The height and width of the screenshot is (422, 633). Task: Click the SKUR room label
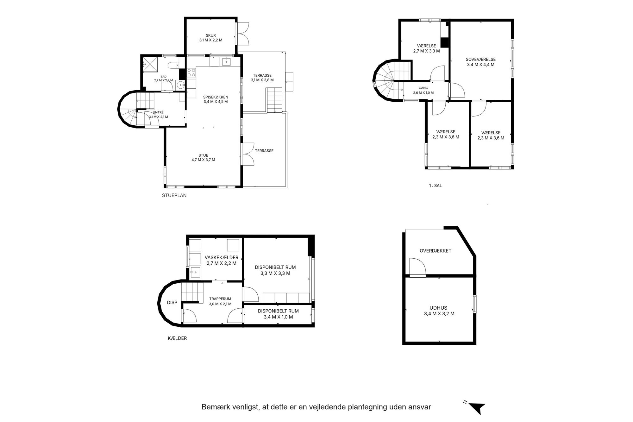point(211,35)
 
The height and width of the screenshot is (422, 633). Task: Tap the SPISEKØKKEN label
point(216,97)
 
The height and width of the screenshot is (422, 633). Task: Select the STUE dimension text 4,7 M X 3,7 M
point(203,160)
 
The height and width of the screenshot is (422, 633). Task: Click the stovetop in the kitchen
point(191,73)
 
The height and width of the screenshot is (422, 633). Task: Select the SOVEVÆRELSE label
point(480,59)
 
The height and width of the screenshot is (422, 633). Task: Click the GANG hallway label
point(423,88)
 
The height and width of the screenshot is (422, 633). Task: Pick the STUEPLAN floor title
point(174,195)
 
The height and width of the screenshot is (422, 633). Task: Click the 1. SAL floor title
point(435,186)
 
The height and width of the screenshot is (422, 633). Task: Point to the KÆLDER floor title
point(177,338)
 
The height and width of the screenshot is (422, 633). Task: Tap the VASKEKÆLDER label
point(221,257)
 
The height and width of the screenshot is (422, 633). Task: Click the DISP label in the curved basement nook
point(172,303)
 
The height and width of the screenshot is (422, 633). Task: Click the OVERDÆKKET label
point(436,251)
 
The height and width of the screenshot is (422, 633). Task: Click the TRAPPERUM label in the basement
point(220,299)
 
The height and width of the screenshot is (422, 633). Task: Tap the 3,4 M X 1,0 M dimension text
point(278,317)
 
